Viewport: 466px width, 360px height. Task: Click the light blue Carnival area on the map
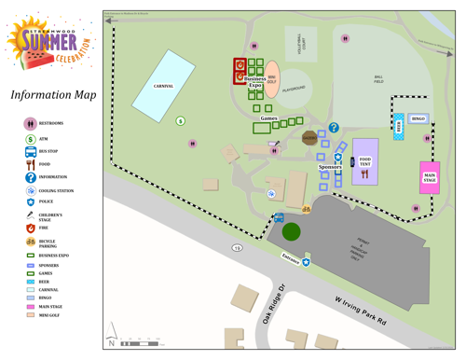pos(163,86)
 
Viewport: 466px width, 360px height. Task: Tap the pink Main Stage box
pos(430,177)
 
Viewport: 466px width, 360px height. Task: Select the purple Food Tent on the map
pos(365,162)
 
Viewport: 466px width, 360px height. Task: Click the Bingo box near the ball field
pos(418,118)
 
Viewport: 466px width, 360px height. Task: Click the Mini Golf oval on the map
pos(271,79)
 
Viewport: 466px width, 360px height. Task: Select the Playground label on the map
pos(295,89)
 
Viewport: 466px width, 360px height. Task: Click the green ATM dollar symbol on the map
pos(181,121)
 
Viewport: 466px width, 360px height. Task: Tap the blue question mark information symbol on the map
pos(334,128)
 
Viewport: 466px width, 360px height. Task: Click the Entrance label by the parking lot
pos(291,259)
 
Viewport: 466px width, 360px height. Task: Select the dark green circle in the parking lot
pos(292,231)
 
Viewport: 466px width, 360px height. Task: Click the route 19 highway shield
pos(238,248)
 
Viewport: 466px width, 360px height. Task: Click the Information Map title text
pos(53,95)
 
